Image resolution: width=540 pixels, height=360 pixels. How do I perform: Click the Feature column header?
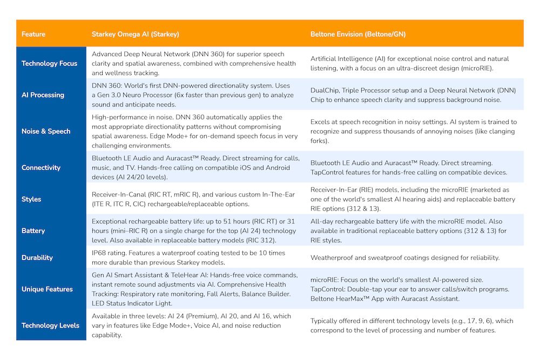[33, 35]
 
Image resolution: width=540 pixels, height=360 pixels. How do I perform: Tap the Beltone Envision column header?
[358, 35]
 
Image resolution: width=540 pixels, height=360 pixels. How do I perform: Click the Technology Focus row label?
[49, 64]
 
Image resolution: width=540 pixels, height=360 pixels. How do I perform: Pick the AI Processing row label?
[43, 95]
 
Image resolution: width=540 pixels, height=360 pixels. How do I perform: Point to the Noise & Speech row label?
[46, 131]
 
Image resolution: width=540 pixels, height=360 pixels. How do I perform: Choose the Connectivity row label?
[41, 168]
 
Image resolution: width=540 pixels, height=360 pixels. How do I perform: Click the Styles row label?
[31, 199]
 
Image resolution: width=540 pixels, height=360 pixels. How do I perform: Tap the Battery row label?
[33, 231]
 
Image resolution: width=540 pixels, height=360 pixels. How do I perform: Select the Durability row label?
[37, 257]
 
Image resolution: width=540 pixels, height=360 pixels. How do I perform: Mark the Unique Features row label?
[47, 289]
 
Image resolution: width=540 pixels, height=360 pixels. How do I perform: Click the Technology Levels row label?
[50, 325]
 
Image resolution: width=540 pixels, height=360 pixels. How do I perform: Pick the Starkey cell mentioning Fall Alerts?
[194, 289]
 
